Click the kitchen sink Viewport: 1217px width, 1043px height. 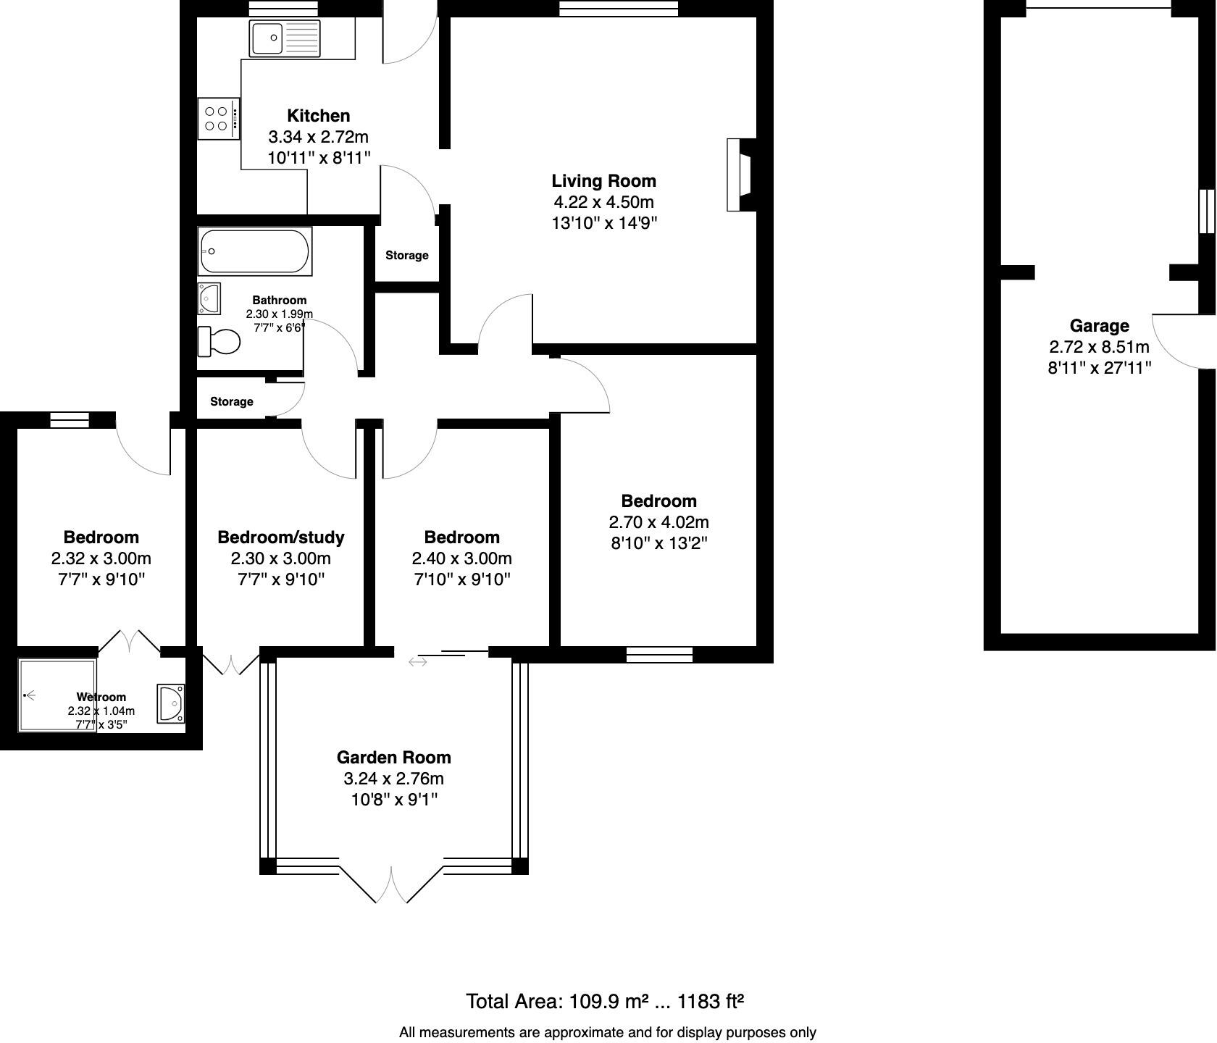[x=284, y=38]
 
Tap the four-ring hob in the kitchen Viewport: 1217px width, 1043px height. [x=217, y=119]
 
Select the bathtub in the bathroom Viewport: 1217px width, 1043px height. [x=254, y=251]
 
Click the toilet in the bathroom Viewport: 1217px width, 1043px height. [x=219, y=341]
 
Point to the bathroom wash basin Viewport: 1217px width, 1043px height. [x=209, y=298]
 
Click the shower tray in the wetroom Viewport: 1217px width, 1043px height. [x=57, y=695]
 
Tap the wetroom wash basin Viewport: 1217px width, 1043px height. [x=172, y=703]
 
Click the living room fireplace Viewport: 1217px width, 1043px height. [x=742, y=175]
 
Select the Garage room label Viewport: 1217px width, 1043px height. [x=1099, y=326]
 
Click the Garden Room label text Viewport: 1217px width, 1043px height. [x=393, y=758]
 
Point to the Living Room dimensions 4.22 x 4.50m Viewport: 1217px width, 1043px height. [x=603, y=202]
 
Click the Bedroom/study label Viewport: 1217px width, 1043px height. [x=280, y=537]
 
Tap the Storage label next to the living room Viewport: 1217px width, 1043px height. [x=406, y=256]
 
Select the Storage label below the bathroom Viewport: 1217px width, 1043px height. [x=232, y=402]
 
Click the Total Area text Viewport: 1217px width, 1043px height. [x=605, y=1002]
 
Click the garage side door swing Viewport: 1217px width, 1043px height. [x=1179, y=340]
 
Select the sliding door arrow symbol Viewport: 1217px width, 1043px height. [x=418, y=661]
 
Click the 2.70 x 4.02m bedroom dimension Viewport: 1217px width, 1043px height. [x=658, y=522]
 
